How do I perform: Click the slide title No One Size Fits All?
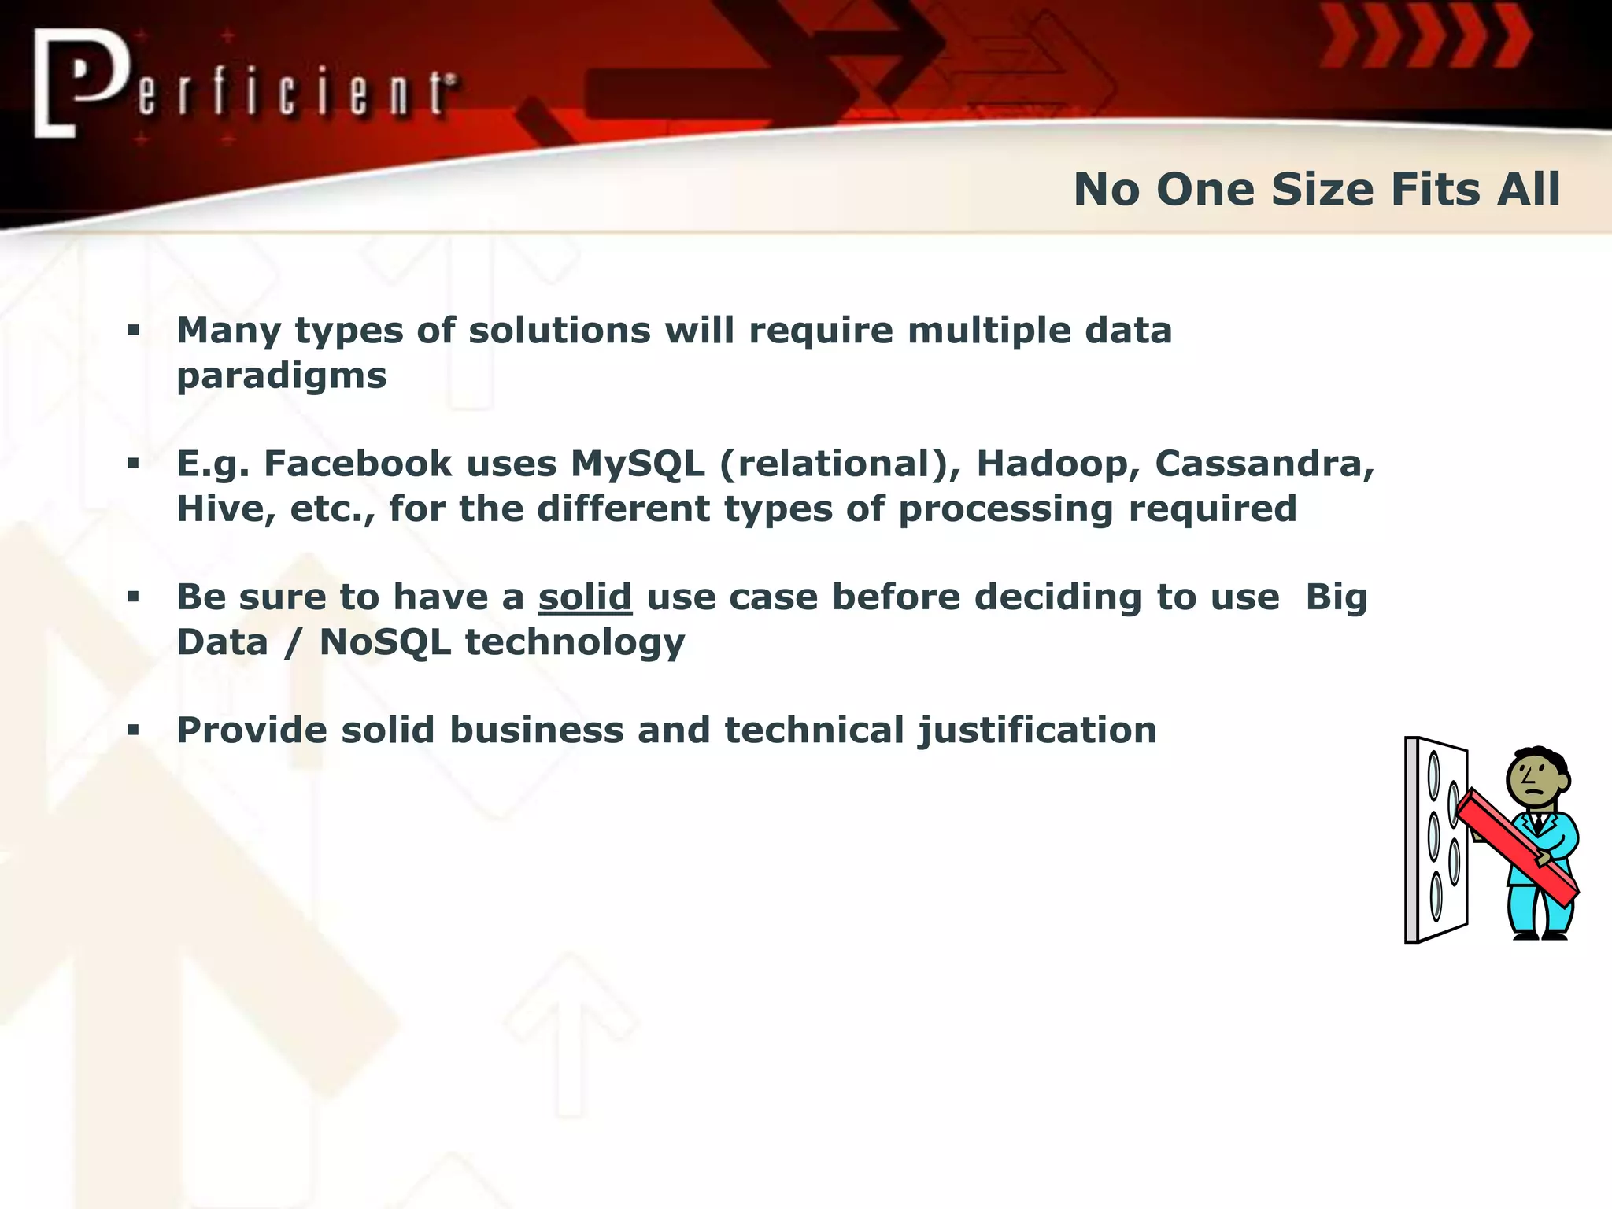pyautogui.click(x=1316, y=190)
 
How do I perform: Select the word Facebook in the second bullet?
pyautogui.click(x=357, y=464)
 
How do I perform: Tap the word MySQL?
pyautogui.click(x=638, y=464)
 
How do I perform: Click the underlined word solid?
pyautogui.click(x=585, y=597)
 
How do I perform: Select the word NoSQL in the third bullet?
pyautogui.click(x=385, y=642)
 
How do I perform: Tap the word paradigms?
pyautogui.click(x=281, y=376)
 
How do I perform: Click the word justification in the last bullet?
pyautogui.click(x=1037, y=731)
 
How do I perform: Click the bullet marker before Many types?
pyautogui.click(x=133, y=331)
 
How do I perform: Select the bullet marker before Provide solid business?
pyautogui.click(x=133, y=730)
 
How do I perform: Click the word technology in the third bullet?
pyautogui.click(x=575, y=642)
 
